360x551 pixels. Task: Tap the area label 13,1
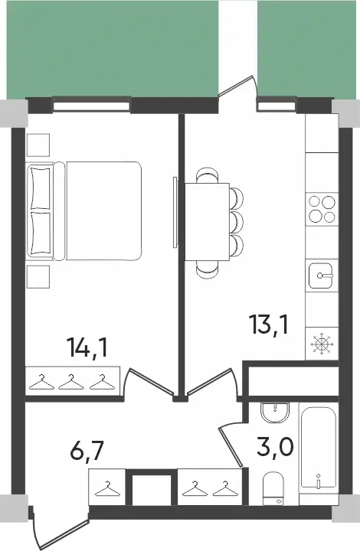(268, 326)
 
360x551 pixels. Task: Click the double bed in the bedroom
(85, 210)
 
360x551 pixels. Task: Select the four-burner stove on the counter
(321, 209)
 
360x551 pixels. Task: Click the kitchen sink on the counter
(321, 274)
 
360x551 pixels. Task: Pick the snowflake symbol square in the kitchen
(321, 344)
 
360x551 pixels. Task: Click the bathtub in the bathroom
(318, 452)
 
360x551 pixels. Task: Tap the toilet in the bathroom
(273, 488)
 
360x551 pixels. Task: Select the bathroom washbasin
(273, 414)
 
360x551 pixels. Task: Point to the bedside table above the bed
(38, 144)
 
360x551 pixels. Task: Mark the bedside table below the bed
(38, 276)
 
